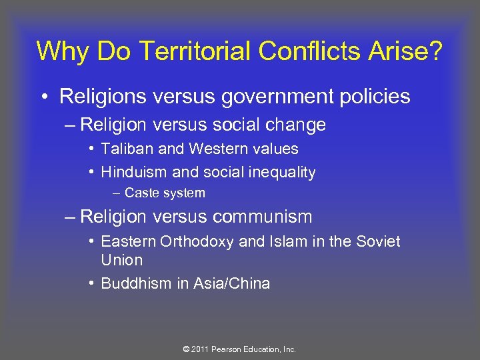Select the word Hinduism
[135, 172]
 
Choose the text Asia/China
[231, 283]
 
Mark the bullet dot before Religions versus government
[43, 98]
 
